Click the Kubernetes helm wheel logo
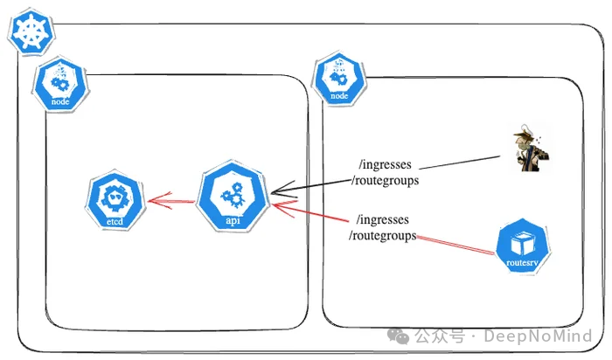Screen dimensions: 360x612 point(31,34)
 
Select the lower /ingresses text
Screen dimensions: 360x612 point(382,219)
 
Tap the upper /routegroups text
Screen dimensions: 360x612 point(384,180)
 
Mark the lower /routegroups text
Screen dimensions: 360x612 point(382,235)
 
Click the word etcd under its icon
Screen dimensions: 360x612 point(115,223)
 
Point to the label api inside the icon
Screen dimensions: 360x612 point(233,220)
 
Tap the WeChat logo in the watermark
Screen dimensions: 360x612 point(399,336)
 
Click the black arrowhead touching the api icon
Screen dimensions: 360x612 point(276,191)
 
